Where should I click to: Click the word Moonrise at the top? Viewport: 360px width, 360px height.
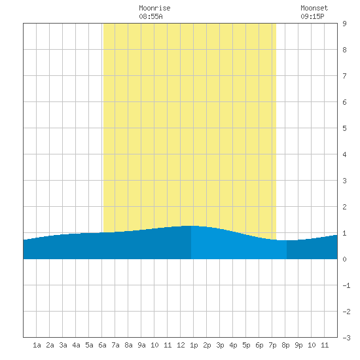[x=154, y=8]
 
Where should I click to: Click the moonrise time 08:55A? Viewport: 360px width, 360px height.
[x=151, y=16]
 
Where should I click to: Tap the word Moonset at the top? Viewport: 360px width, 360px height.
[x=314, y=8]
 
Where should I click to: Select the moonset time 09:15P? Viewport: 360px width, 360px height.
[x=312, y=16]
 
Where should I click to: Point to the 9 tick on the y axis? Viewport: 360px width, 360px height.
[x=344, y=24]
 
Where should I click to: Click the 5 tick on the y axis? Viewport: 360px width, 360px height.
[x=344, y=128]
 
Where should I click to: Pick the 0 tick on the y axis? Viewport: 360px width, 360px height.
[x=344, y=259]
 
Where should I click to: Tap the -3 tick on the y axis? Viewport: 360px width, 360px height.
[x=346, y=338]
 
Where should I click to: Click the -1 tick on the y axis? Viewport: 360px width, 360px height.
[x=346, y=285]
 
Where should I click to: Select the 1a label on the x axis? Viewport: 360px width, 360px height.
[x=37, y=345]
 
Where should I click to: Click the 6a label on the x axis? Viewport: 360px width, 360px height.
[x=102, y=345]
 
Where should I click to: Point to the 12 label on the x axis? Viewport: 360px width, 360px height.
[x=181, y=345]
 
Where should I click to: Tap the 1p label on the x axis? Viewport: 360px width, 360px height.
[x=194, y=345]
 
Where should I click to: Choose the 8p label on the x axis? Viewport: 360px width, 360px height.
[x=285, y=345]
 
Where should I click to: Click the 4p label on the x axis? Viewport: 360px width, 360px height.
[x=233, y=345]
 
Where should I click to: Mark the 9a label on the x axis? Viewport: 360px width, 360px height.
[x=141, y=345]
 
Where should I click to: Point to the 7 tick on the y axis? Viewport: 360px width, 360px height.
[x=344, y=76]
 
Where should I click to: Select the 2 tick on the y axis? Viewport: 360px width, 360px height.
[x=344, y=207]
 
